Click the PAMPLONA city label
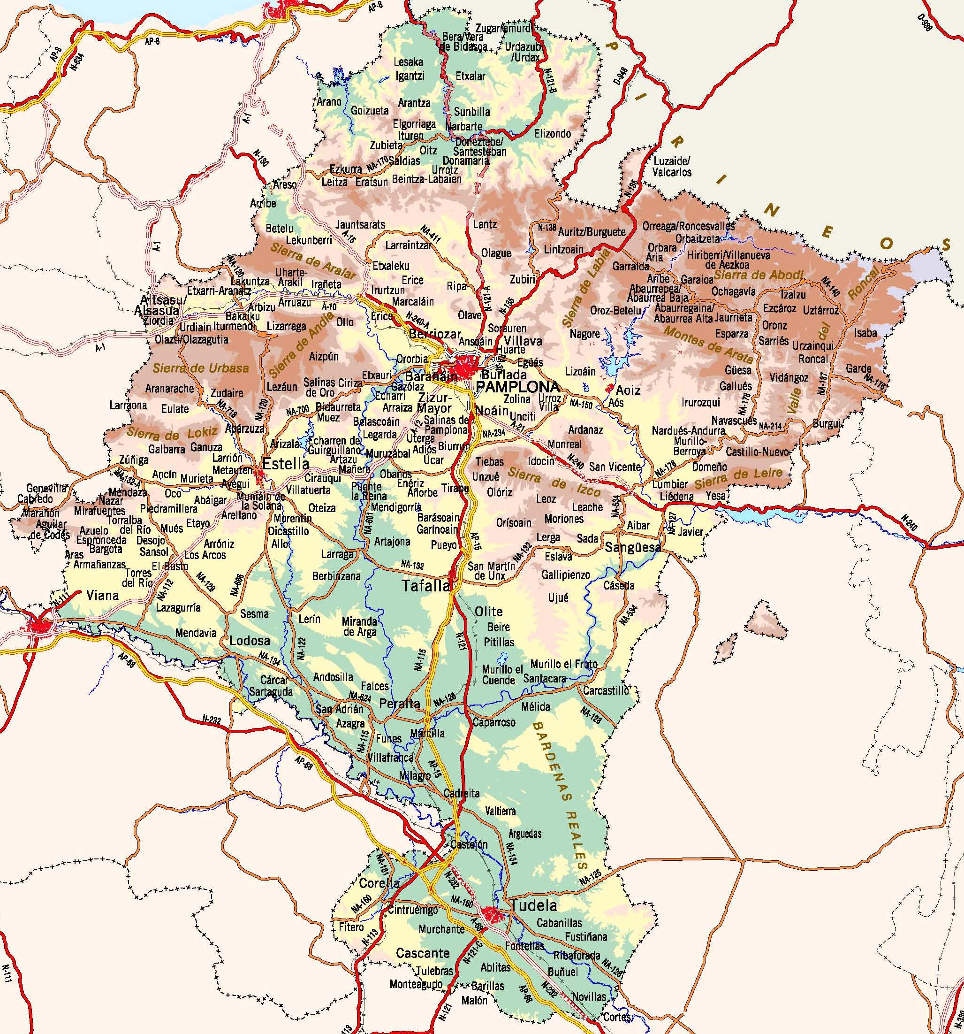tap(518, 386)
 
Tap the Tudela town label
tap(534, 905)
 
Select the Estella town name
tap(286, 463)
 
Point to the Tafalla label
tap(426, 586)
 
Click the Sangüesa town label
tap(633, 547)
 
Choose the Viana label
tap(102, 595)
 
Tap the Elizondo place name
tap(552, 134)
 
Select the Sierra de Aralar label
tap(313, 261)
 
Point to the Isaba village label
tap(865, 333)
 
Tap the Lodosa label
tap(250, 641)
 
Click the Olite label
tap(489, 612)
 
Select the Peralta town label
tap(399, 704)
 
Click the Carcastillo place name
tap(606, 691)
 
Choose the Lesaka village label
tap(408, 62)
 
